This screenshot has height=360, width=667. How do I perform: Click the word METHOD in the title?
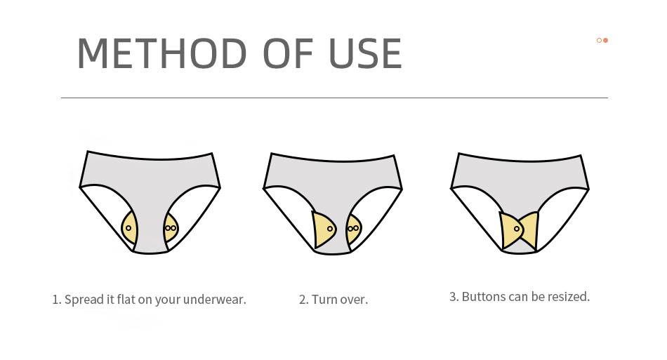pyautogui.click(x=162, y=53)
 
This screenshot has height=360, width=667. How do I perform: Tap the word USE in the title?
pyautogui.click(x=365, y=53)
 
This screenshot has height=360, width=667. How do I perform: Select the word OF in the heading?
pyautogui.click(x=289, y=53)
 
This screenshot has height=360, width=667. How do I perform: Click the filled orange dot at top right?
pyautogui.click(x=605, y=41)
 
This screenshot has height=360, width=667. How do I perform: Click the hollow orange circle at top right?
pyautogui.click(x=600, y=41)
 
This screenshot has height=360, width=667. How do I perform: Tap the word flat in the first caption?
pyautogui.click(x=126, y=299)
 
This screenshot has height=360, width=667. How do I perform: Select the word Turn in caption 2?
pyautogui.click(x=324, y=299)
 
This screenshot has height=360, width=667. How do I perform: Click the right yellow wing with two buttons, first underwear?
pyautogui.click(x=171, y=228)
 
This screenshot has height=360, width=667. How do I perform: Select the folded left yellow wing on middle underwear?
pyautogui.click(x=323, y=229)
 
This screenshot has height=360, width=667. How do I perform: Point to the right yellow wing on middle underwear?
pyautogui.click(x=353, y=229)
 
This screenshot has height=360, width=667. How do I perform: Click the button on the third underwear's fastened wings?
pyautogui.click(x=517, y=229)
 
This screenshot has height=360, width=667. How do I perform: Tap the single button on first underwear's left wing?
pyautogui.click(x=128, y=228)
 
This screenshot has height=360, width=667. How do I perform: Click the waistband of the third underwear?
pyautogui.click(x=520, y=159)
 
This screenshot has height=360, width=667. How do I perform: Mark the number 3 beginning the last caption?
pyautogui.click(x=453, y=297)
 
